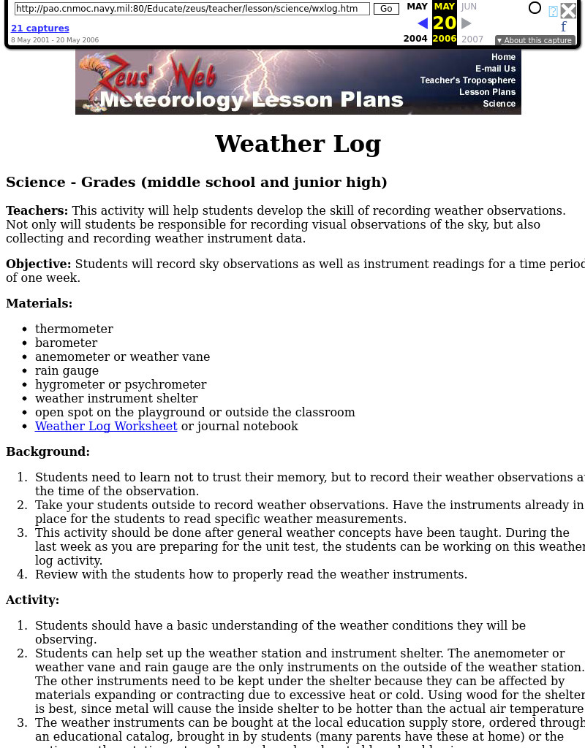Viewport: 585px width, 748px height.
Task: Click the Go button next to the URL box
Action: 386,9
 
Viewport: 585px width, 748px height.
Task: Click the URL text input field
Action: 192,9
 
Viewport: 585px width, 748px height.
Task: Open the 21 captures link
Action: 40,28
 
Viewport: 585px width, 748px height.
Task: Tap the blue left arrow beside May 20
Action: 422,23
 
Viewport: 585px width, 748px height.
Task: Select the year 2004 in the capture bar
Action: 415,39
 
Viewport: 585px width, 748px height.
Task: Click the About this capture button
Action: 535,41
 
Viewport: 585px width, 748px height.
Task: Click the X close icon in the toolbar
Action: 568,10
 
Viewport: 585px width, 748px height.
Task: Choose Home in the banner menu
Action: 503,57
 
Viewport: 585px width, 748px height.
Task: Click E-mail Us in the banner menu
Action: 495,69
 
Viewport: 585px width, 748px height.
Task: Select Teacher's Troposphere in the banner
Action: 467,80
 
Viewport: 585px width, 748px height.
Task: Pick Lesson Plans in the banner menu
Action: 487,92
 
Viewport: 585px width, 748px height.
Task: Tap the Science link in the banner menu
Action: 499,104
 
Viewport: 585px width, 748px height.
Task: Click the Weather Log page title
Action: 298,144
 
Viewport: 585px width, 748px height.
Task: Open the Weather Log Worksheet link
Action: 106,426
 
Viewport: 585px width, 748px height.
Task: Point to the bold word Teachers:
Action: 37,210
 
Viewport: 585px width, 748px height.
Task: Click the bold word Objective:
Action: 39,264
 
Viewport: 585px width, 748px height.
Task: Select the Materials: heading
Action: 39,303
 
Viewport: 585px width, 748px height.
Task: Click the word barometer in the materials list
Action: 66,343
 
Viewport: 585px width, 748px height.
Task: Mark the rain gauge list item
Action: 67,370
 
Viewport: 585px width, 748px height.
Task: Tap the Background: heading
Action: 48,451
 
